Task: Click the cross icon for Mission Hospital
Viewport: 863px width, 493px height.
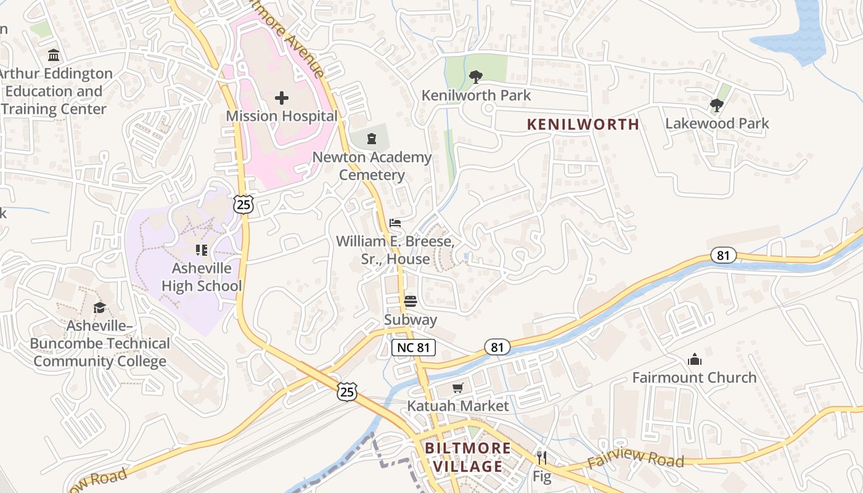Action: (x=282, y=97)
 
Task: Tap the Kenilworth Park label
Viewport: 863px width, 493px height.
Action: (x=476, y=96)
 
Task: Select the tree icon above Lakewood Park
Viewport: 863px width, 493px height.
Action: (x=716, y=105)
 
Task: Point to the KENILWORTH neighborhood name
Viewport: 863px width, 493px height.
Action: (x=583, y=124)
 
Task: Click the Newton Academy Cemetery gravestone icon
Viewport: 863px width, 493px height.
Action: (x=372, y=139)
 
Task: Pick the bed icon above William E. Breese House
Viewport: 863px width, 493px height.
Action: (x=395, y=222)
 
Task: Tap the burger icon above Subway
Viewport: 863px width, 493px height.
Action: (x=411, y=301)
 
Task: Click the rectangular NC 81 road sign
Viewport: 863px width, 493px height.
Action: (x=414, y=348)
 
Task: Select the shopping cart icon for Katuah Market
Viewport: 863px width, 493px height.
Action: (x=457, y=388)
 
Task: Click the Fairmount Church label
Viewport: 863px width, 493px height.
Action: (x=694, y=377)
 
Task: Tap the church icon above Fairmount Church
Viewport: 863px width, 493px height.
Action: (x=695, y=359)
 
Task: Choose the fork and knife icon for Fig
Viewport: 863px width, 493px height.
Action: (x=542, y=458)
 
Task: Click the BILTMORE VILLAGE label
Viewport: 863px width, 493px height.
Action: (x=468, y=457)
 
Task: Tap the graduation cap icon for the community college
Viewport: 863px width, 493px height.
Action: (x=99, y=308)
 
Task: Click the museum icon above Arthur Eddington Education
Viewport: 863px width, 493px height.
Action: (x=54, y=55)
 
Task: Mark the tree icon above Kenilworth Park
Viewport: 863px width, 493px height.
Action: (x=475, y=77)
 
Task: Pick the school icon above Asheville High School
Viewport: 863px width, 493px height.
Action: (x=201, y=250)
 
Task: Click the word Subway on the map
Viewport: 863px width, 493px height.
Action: (x=411, y=320)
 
